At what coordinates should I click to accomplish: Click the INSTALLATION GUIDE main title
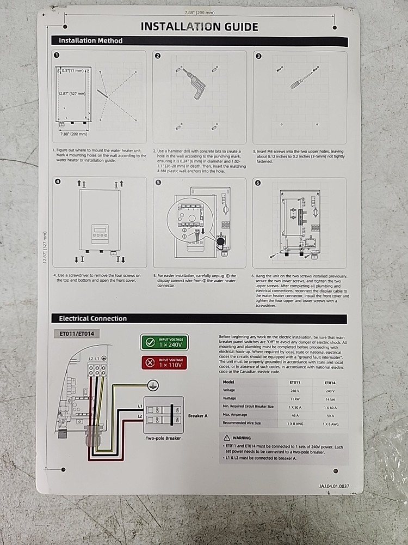[x=199, y=27]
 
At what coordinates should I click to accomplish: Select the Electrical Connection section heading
[x=92, y=319]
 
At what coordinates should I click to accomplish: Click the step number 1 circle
[x=57, y=56]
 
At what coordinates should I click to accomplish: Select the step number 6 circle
[x=258, y=183]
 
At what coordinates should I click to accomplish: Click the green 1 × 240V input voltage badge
[x=164, y=342]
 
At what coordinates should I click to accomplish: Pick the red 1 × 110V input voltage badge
[x=164, y=362]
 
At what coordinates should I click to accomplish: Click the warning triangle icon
[x=227, y=438]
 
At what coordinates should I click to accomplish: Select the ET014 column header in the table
[x=331, y=383]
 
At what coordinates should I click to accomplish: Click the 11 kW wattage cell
[x=294, y=399]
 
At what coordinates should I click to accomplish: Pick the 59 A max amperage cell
[x=331, y=416]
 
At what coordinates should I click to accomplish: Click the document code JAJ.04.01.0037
[x=334, y=486]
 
